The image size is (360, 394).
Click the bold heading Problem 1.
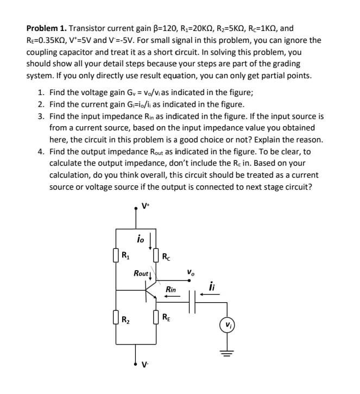(x=47, y=28)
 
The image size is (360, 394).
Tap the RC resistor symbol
(x=156, y=253)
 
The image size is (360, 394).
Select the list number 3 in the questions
(x=41, y=117)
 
